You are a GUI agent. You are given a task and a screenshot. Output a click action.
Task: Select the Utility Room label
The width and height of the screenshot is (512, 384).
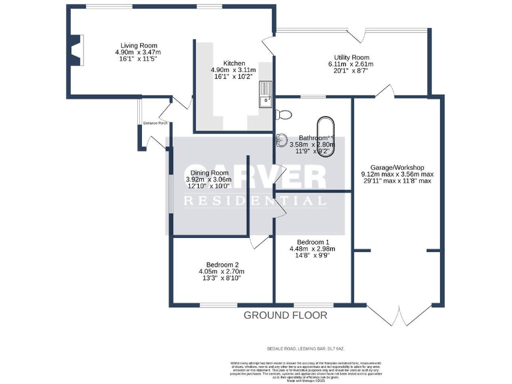click(351, 57)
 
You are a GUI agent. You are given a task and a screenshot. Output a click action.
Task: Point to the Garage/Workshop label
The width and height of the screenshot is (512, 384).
click(397, 167)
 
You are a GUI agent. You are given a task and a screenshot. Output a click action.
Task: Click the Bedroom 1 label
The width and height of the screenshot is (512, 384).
click(309, 241)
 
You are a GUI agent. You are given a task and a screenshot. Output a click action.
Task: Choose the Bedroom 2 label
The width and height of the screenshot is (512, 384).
click(221, 264)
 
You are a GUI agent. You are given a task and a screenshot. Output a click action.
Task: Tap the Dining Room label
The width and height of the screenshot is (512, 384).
click(209, 173)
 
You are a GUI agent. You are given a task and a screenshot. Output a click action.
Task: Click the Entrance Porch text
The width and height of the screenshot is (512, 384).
click(155, 123)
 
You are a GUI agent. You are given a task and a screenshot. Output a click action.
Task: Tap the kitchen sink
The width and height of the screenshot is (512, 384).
click(266, 93)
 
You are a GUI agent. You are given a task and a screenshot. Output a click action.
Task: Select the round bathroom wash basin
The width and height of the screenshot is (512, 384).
click(281, 140)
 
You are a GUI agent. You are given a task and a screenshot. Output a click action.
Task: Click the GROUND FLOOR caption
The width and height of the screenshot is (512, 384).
click(285, 315)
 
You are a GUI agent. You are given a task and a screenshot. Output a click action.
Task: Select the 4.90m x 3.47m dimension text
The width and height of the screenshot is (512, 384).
click(138, 52)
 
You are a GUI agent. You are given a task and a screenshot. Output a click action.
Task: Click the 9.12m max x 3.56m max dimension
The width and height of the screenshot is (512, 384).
click(397, 174)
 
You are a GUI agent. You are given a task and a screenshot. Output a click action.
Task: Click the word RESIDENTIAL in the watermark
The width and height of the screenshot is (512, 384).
click(255, 200)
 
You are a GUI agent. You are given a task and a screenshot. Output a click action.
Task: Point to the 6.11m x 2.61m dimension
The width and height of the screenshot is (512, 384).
click(351, 65)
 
